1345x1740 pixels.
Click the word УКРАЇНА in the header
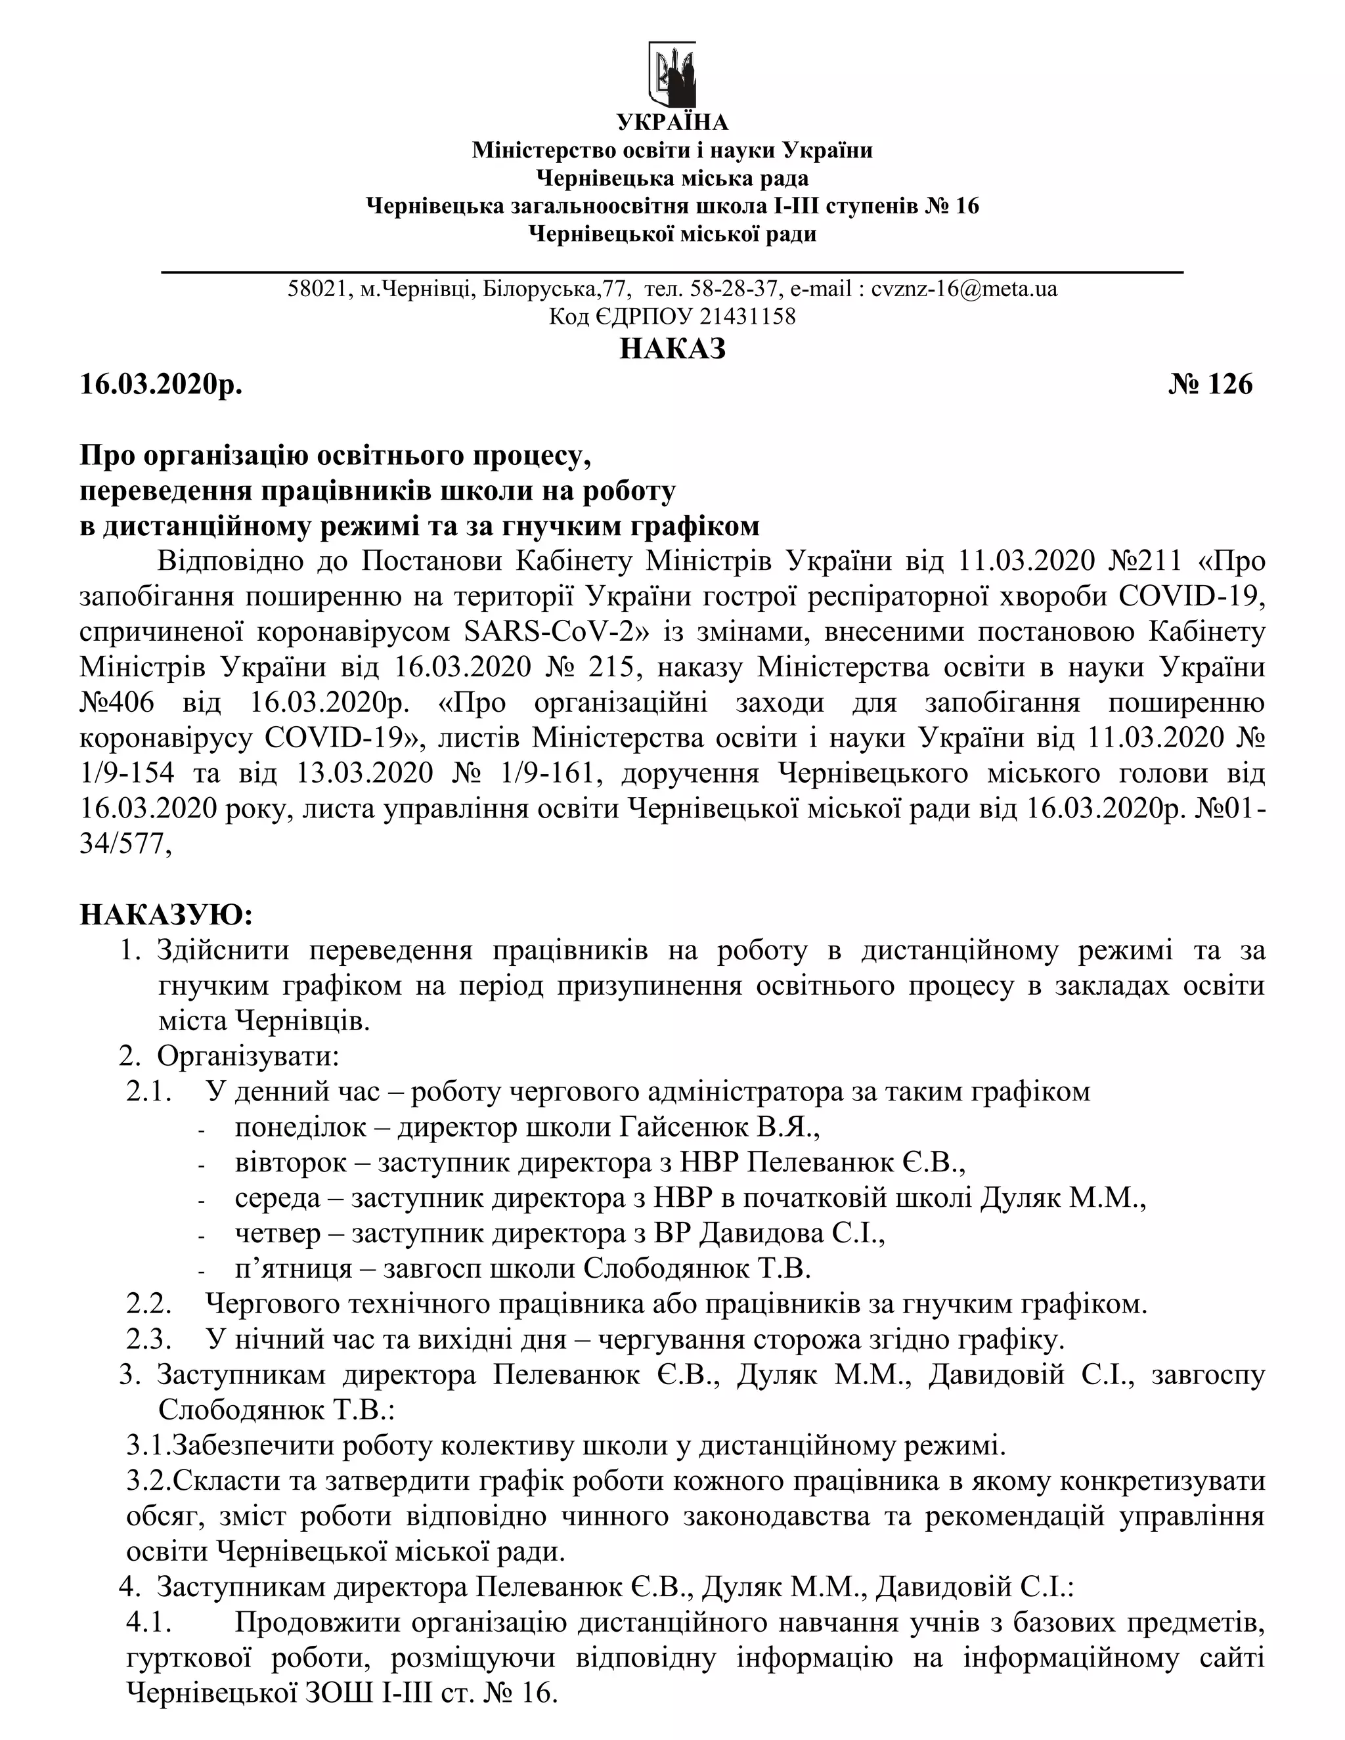tap(672, 123)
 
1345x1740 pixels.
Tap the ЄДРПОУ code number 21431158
tap(747, 317)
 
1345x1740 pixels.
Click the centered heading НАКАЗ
tap(672, 349)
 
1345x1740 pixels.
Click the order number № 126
tap(1210, 385)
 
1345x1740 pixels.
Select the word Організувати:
tap(249, 1056)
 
